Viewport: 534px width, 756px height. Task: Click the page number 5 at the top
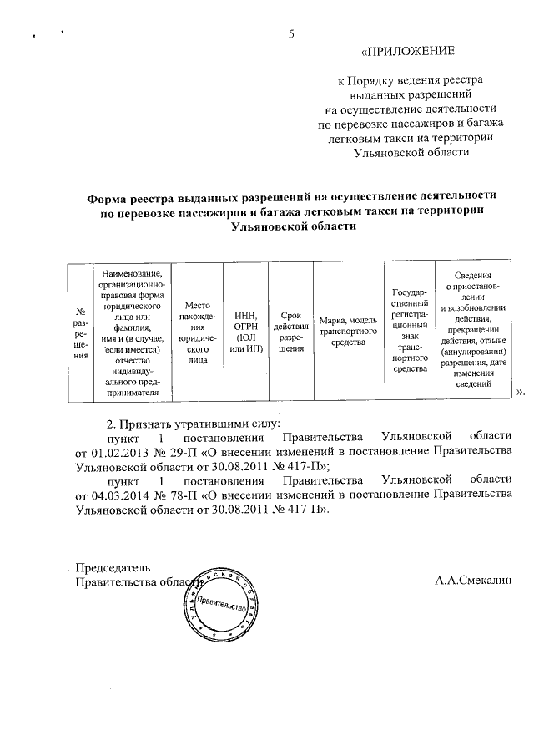[291, 34]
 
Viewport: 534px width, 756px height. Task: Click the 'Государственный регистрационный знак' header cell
[409, 331]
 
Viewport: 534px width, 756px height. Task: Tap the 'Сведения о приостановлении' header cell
[473, 331]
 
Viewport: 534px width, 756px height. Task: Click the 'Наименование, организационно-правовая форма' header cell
[133, 331]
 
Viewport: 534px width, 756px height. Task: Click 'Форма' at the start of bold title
[109, 198]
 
